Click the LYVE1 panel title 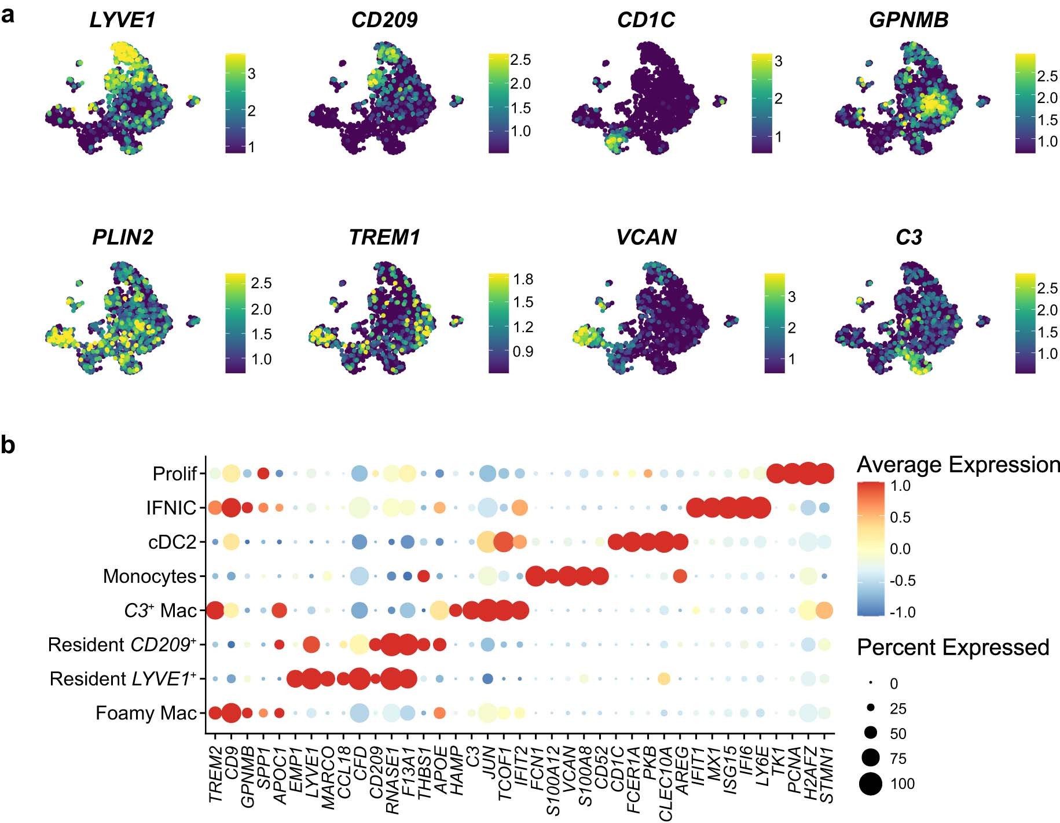(122, 20)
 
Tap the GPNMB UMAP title (908, 20)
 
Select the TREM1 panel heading (384, 237)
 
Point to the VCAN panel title (646, 237)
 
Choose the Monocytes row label (150, 576)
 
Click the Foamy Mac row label (146, 713)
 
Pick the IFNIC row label (171, 508)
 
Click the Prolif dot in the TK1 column (776, 473)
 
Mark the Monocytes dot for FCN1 (535, 576)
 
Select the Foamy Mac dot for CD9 (231, 713)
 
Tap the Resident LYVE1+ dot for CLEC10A (664, 678)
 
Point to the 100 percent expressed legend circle (870, 784)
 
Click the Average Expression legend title (958, 465)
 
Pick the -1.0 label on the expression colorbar (903, 612)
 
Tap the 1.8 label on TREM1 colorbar (523, 280)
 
